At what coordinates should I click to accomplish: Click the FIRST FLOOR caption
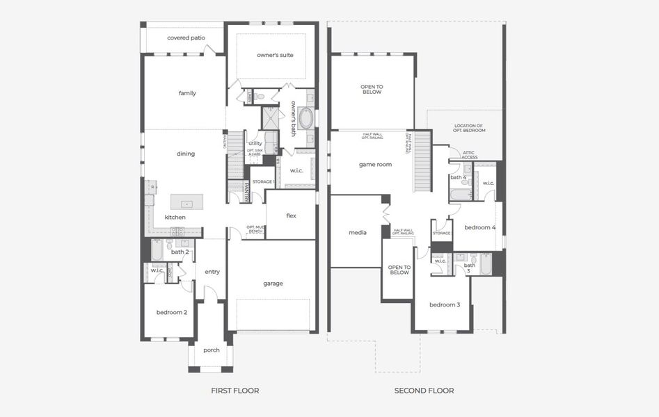point(235,391)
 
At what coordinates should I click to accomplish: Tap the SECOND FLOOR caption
point(424,391)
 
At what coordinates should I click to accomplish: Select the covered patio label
point(186,38)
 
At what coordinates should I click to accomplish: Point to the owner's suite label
point(274,54)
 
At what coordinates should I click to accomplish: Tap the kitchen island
point(186,202)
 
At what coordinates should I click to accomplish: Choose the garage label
point(273,283)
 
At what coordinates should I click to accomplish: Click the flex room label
point(291,215)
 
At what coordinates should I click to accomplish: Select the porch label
point(211,350)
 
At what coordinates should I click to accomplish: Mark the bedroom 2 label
point(171,312)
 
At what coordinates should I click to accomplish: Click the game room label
point(375,165)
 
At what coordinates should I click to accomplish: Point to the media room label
point(357,232)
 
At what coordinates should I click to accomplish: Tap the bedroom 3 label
point(444,304)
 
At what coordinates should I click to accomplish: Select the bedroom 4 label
point(479,227)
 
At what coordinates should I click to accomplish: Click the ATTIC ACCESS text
point(469,155)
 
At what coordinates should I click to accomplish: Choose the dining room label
point(186,154)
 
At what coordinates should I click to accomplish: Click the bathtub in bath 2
point(157,251)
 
